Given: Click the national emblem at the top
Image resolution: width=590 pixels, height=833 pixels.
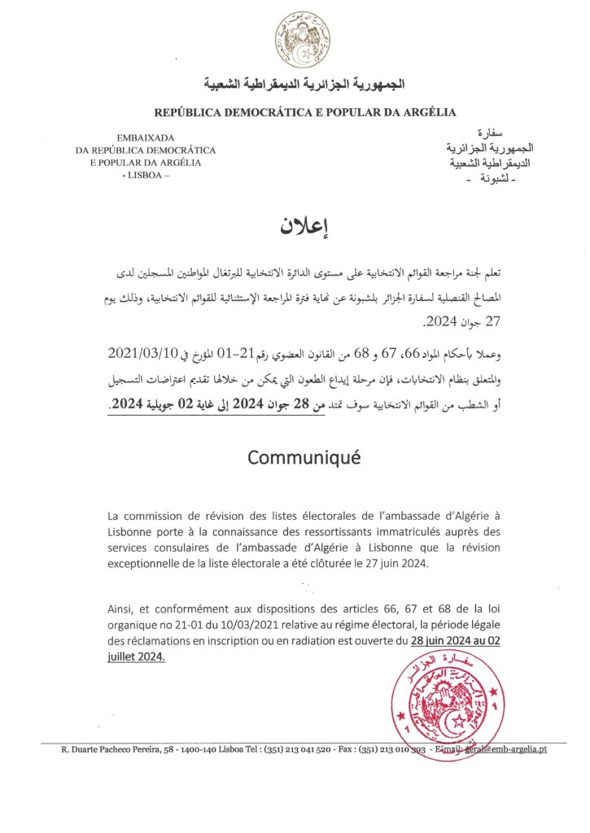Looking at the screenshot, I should (x=303, y=40).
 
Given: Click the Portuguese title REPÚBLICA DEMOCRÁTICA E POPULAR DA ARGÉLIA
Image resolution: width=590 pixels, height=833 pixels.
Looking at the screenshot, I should (x=305, y=112).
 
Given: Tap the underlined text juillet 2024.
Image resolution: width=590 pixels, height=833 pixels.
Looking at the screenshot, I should (x=135, y=656).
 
